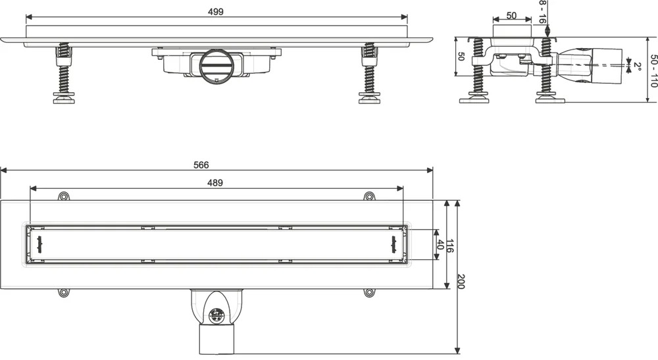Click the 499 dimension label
pyautogui.click(x=216, y=12)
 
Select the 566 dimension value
pyautogui.click(x=201, y=165)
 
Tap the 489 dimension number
pyautogui.click(x=215, y=182)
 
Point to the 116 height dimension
pyautogui.click(x=449, y=245)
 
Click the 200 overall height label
pyautogui.click(x=461, y=281)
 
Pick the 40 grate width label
pyautogui.click(x=440, y=245)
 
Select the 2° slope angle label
pyautogui.click(x=638, y=66)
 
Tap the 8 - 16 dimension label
pyautogui.click(x=542, y=12)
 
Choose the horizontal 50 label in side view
pyautogui.click(x=511, y=16)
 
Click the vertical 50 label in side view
pyautogui.click(x=462, y=57)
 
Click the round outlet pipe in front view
pyautogui.click(x=215, y=66)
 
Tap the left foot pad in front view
pyautogui.click(x=64, y=98)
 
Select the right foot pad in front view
pyautogui.click(x=370, y=98)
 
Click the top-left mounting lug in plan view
pyautogui.click(x=63, y=196)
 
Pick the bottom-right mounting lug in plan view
pyautogui.click(x=369, y=292)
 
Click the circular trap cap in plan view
pyautogui.click(x=216, y=316)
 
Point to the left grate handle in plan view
pyautogui.click(x=40, y=245)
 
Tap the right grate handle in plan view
pyautogui.click(x=393, y=245)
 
